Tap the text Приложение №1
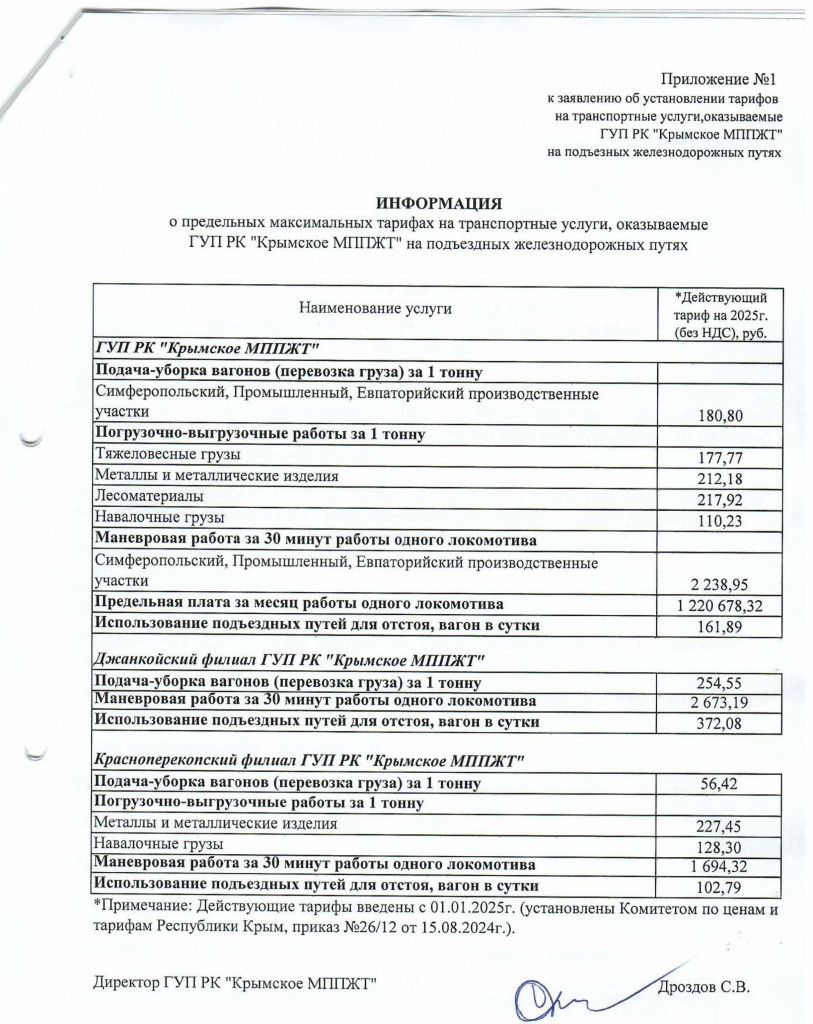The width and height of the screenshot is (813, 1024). pos(718,79)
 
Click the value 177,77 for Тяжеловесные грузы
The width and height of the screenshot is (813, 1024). pos(719,457)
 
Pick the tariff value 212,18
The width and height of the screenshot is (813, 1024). pos(719,478)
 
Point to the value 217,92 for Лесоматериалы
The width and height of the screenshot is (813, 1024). pos(719,499)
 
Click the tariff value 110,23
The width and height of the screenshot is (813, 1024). pos(719,520)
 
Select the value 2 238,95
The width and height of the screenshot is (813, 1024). pos(719,583)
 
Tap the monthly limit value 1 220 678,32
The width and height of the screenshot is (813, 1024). pos(719,605)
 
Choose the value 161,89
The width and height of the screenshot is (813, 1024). pos(719,628)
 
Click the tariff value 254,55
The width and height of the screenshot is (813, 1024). pos(719,684)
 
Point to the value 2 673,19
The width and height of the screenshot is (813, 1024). pos(719,704)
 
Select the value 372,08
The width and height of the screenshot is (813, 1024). pos(719,725)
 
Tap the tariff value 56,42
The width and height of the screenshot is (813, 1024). pos(719,784)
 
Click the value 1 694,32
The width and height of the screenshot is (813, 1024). pos(719,866)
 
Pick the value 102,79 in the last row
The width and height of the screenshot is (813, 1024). pos(719,888)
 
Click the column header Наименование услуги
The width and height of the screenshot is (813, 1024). pos(375,309)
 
